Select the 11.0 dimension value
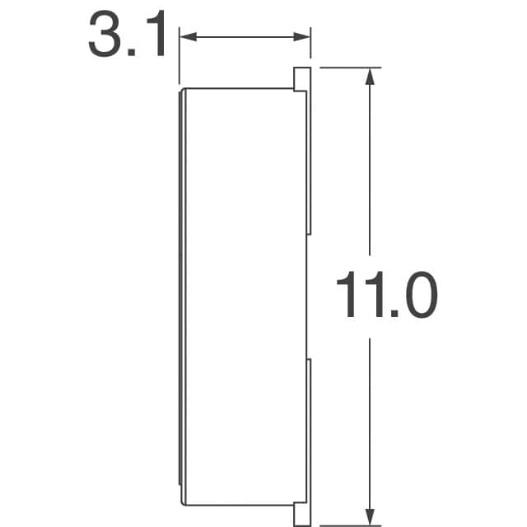[386, 298]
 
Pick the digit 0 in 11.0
[417, 298]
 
